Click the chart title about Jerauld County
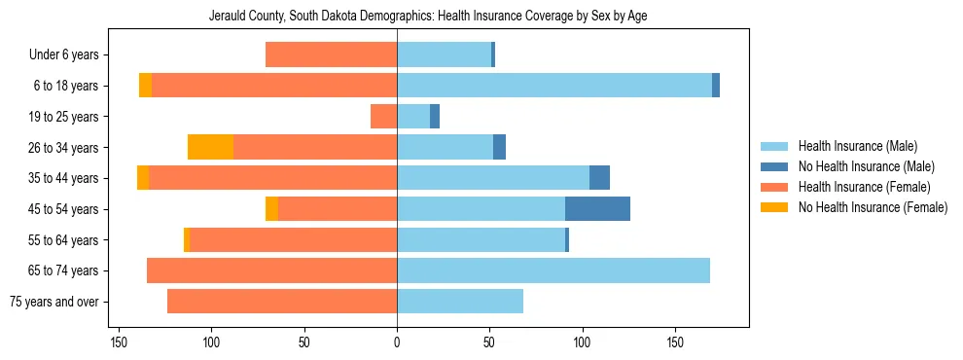tap(428, 17)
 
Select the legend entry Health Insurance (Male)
tap(857, 146)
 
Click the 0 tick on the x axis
tap(397, 342)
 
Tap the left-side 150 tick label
tap(119, 342)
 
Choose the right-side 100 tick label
tap(582, 342)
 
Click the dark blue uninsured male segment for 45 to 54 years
tap(597, 209)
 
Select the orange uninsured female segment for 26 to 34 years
tap(210, 148)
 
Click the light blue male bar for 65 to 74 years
tap(553, 270)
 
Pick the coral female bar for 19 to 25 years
tap(383, 117)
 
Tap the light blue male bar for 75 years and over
tap(459, 302)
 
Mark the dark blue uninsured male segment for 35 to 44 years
tap(599, 178)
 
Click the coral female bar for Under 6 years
tap(331, 55)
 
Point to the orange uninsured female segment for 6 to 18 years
tap(145, 86)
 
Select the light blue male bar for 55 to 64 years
tap(481, 240)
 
